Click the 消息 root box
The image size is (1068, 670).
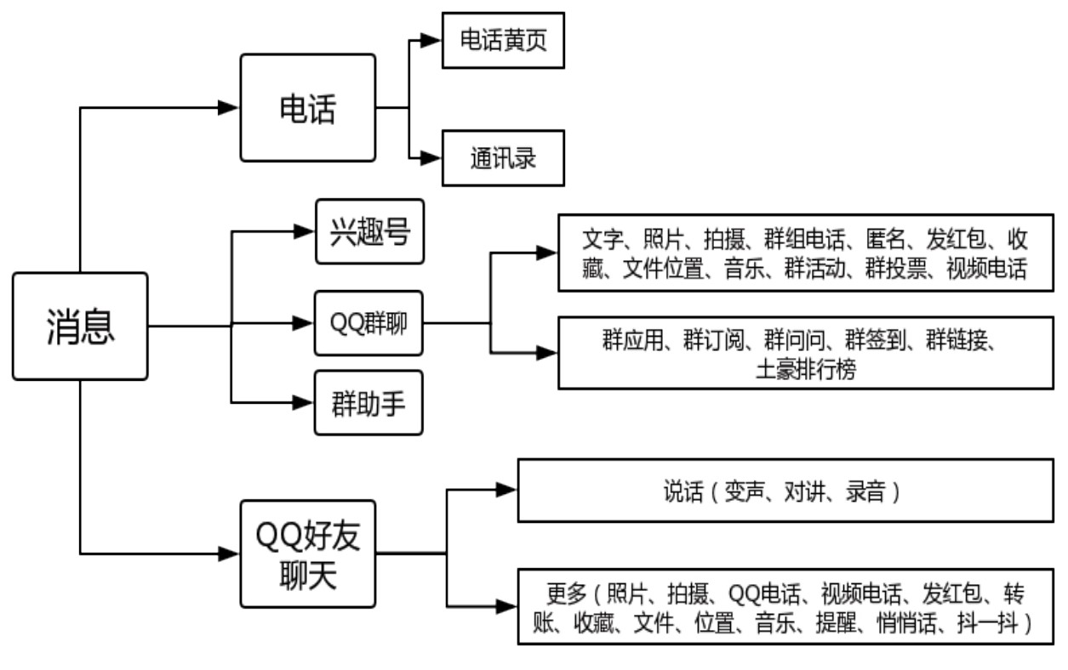coord(80,326)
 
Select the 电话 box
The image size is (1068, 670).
coord(307,108)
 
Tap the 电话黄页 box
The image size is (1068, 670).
coord(502,40)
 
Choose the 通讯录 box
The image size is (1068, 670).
coord(502,158)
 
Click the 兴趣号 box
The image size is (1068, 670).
coord(368,231)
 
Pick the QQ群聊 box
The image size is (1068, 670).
coord(368,323)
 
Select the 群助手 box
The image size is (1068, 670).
coord(368,403)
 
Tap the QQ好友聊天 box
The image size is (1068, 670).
coord(307,554)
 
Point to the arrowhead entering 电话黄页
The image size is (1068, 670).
coord(432,40)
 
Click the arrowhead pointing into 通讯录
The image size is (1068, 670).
coord(432,158)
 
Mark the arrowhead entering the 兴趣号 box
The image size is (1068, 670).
coord(305,231)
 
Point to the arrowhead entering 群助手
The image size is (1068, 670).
coord(305,403)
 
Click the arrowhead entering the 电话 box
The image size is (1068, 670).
coord(229,108)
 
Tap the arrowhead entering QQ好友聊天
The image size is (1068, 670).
coord(229,554)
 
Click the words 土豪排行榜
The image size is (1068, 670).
coord(805,371)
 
